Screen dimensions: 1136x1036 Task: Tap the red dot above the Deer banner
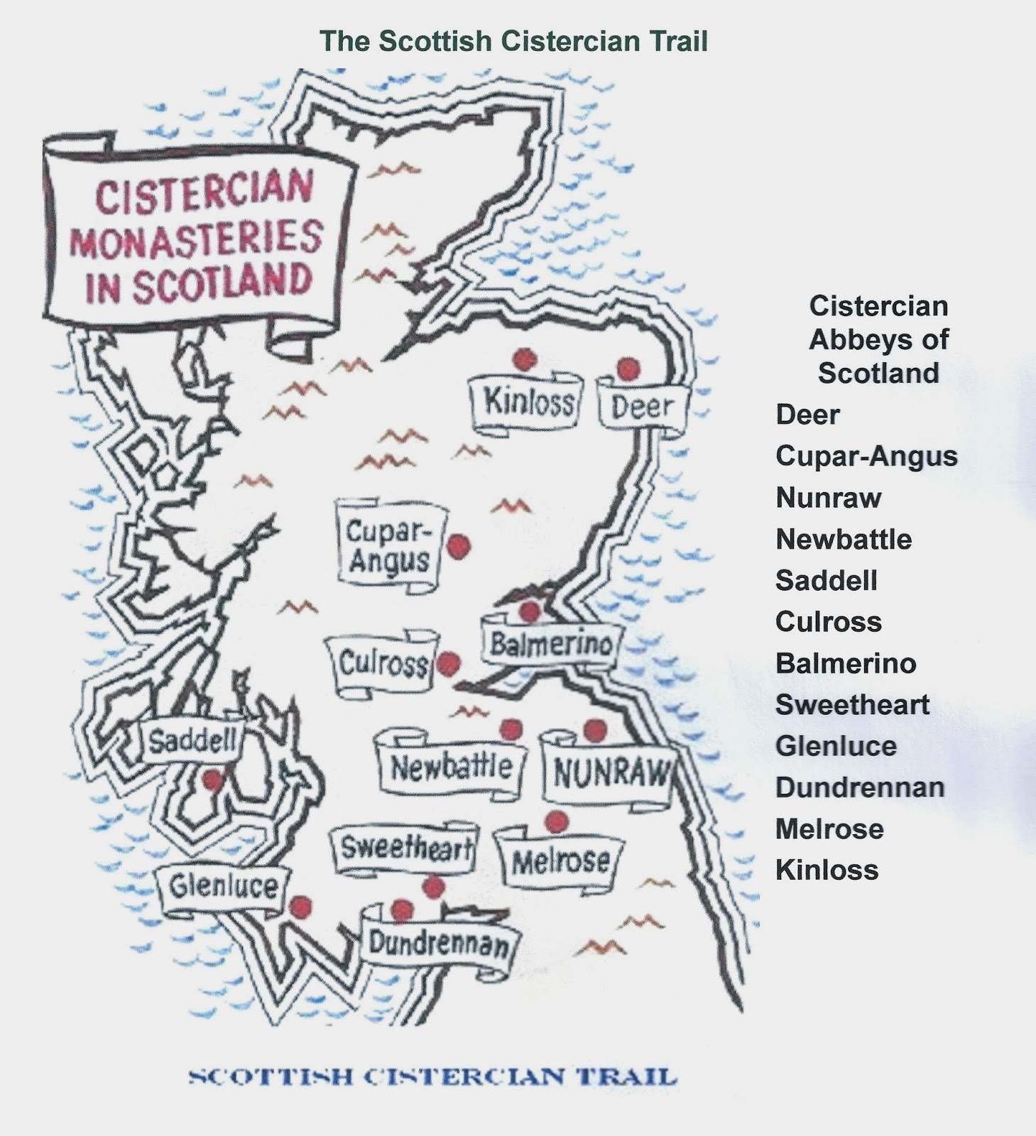(x=628, y=368)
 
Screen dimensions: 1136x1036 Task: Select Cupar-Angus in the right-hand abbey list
(x=866, y=457)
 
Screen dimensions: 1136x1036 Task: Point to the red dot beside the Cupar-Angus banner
(x=459, y=546)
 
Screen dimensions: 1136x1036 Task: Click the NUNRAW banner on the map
(x=610, y=773)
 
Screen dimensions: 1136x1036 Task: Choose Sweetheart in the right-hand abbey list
(x=852, y=705)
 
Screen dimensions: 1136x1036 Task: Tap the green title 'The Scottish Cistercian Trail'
(x=513, y=41)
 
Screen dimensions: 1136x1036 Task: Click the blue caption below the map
(x=432, y=1077)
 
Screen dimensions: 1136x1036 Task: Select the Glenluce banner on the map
(x=223, y=887)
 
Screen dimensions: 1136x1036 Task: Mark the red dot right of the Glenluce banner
(x=301, y=907)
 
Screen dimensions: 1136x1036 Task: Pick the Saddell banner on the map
(x=192, y=743)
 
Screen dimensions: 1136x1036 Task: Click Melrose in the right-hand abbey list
(x=829, y=829)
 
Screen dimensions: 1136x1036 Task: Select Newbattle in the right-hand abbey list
(x=844, y=540)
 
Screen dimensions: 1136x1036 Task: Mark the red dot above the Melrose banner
(x=557, y=821)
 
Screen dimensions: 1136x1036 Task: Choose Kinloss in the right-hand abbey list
(x=827, y=870)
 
